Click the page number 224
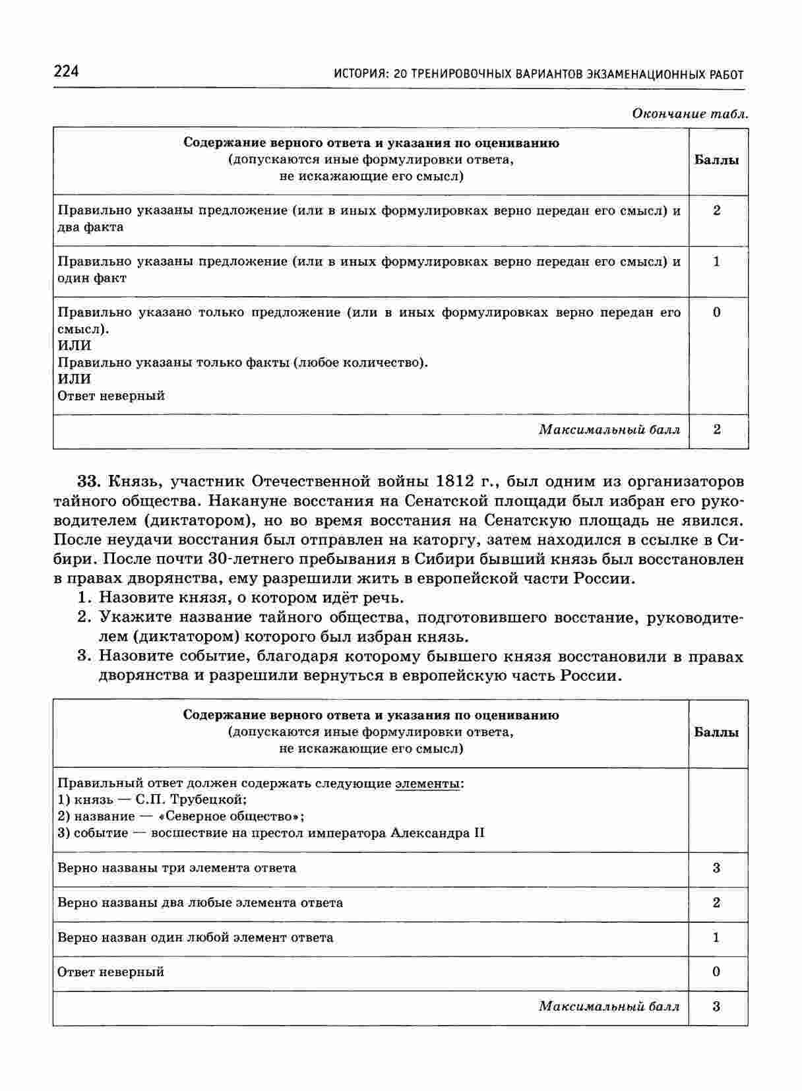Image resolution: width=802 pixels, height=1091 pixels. [x=65, y=71]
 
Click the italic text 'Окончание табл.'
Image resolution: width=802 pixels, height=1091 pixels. [x=690, y=113]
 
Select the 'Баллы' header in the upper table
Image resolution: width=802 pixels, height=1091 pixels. [x=717, y=160]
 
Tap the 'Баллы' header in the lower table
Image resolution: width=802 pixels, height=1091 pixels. [x=717, y=732]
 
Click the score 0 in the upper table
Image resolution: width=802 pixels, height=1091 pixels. [x=717, y=312]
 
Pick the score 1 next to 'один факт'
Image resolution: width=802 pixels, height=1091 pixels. [x=717, y=261]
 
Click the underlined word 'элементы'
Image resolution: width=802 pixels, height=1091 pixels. [x=427, y=783]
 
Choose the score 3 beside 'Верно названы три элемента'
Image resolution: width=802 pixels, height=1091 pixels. [x=717, y=867]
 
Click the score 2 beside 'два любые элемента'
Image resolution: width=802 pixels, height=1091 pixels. [x=717, y=902]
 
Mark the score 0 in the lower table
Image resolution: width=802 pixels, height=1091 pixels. [x=717, y=972]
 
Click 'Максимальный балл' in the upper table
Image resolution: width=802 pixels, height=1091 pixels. [x=609, y=430]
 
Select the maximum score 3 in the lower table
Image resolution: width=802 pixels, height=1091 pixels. [x=717, y=1006]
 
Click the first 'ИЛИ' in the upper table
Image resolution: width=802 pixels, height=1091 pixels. [x=75, y=345]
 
